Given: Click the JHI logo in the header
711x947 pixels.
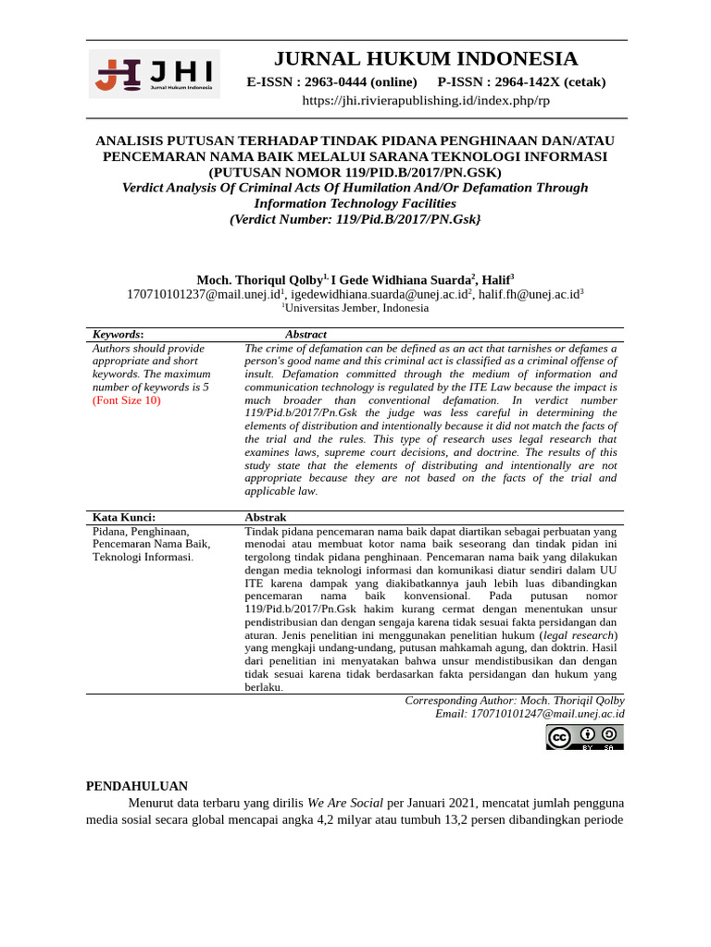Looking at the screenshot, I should pos(155,74).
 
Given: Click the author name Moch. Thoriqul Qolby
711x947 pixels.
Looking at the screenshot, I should pos(259,279).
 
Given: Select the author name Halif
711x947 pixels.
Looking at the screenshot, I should pos(495,279).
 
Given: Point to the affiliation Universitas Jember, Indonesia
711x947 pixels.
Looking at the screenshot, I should pos(356,308).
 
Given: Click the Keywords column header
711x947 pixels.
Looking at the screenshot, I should pos(118,334).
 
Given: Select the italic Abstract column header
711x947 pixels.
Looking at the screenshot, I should pos(306,334).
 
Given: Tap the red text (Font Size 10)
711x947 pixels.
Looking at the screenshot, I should pos(127,400).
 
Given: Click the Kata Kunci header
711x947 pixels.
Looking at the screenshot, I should pos(124,517).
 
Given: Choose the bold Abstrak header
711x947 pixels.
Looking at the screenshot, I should pos(266,517).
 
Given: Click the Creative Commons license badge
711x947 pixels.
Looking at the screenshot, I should pos(584,737).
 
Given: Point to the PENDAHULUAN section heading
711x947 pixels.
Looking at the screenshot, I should pos(137,785).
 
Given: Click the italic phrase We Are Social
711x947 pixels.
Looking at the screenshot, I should pos(345,803).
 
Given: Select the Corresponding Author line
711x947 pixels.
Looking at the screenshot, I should pos(514,700).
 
